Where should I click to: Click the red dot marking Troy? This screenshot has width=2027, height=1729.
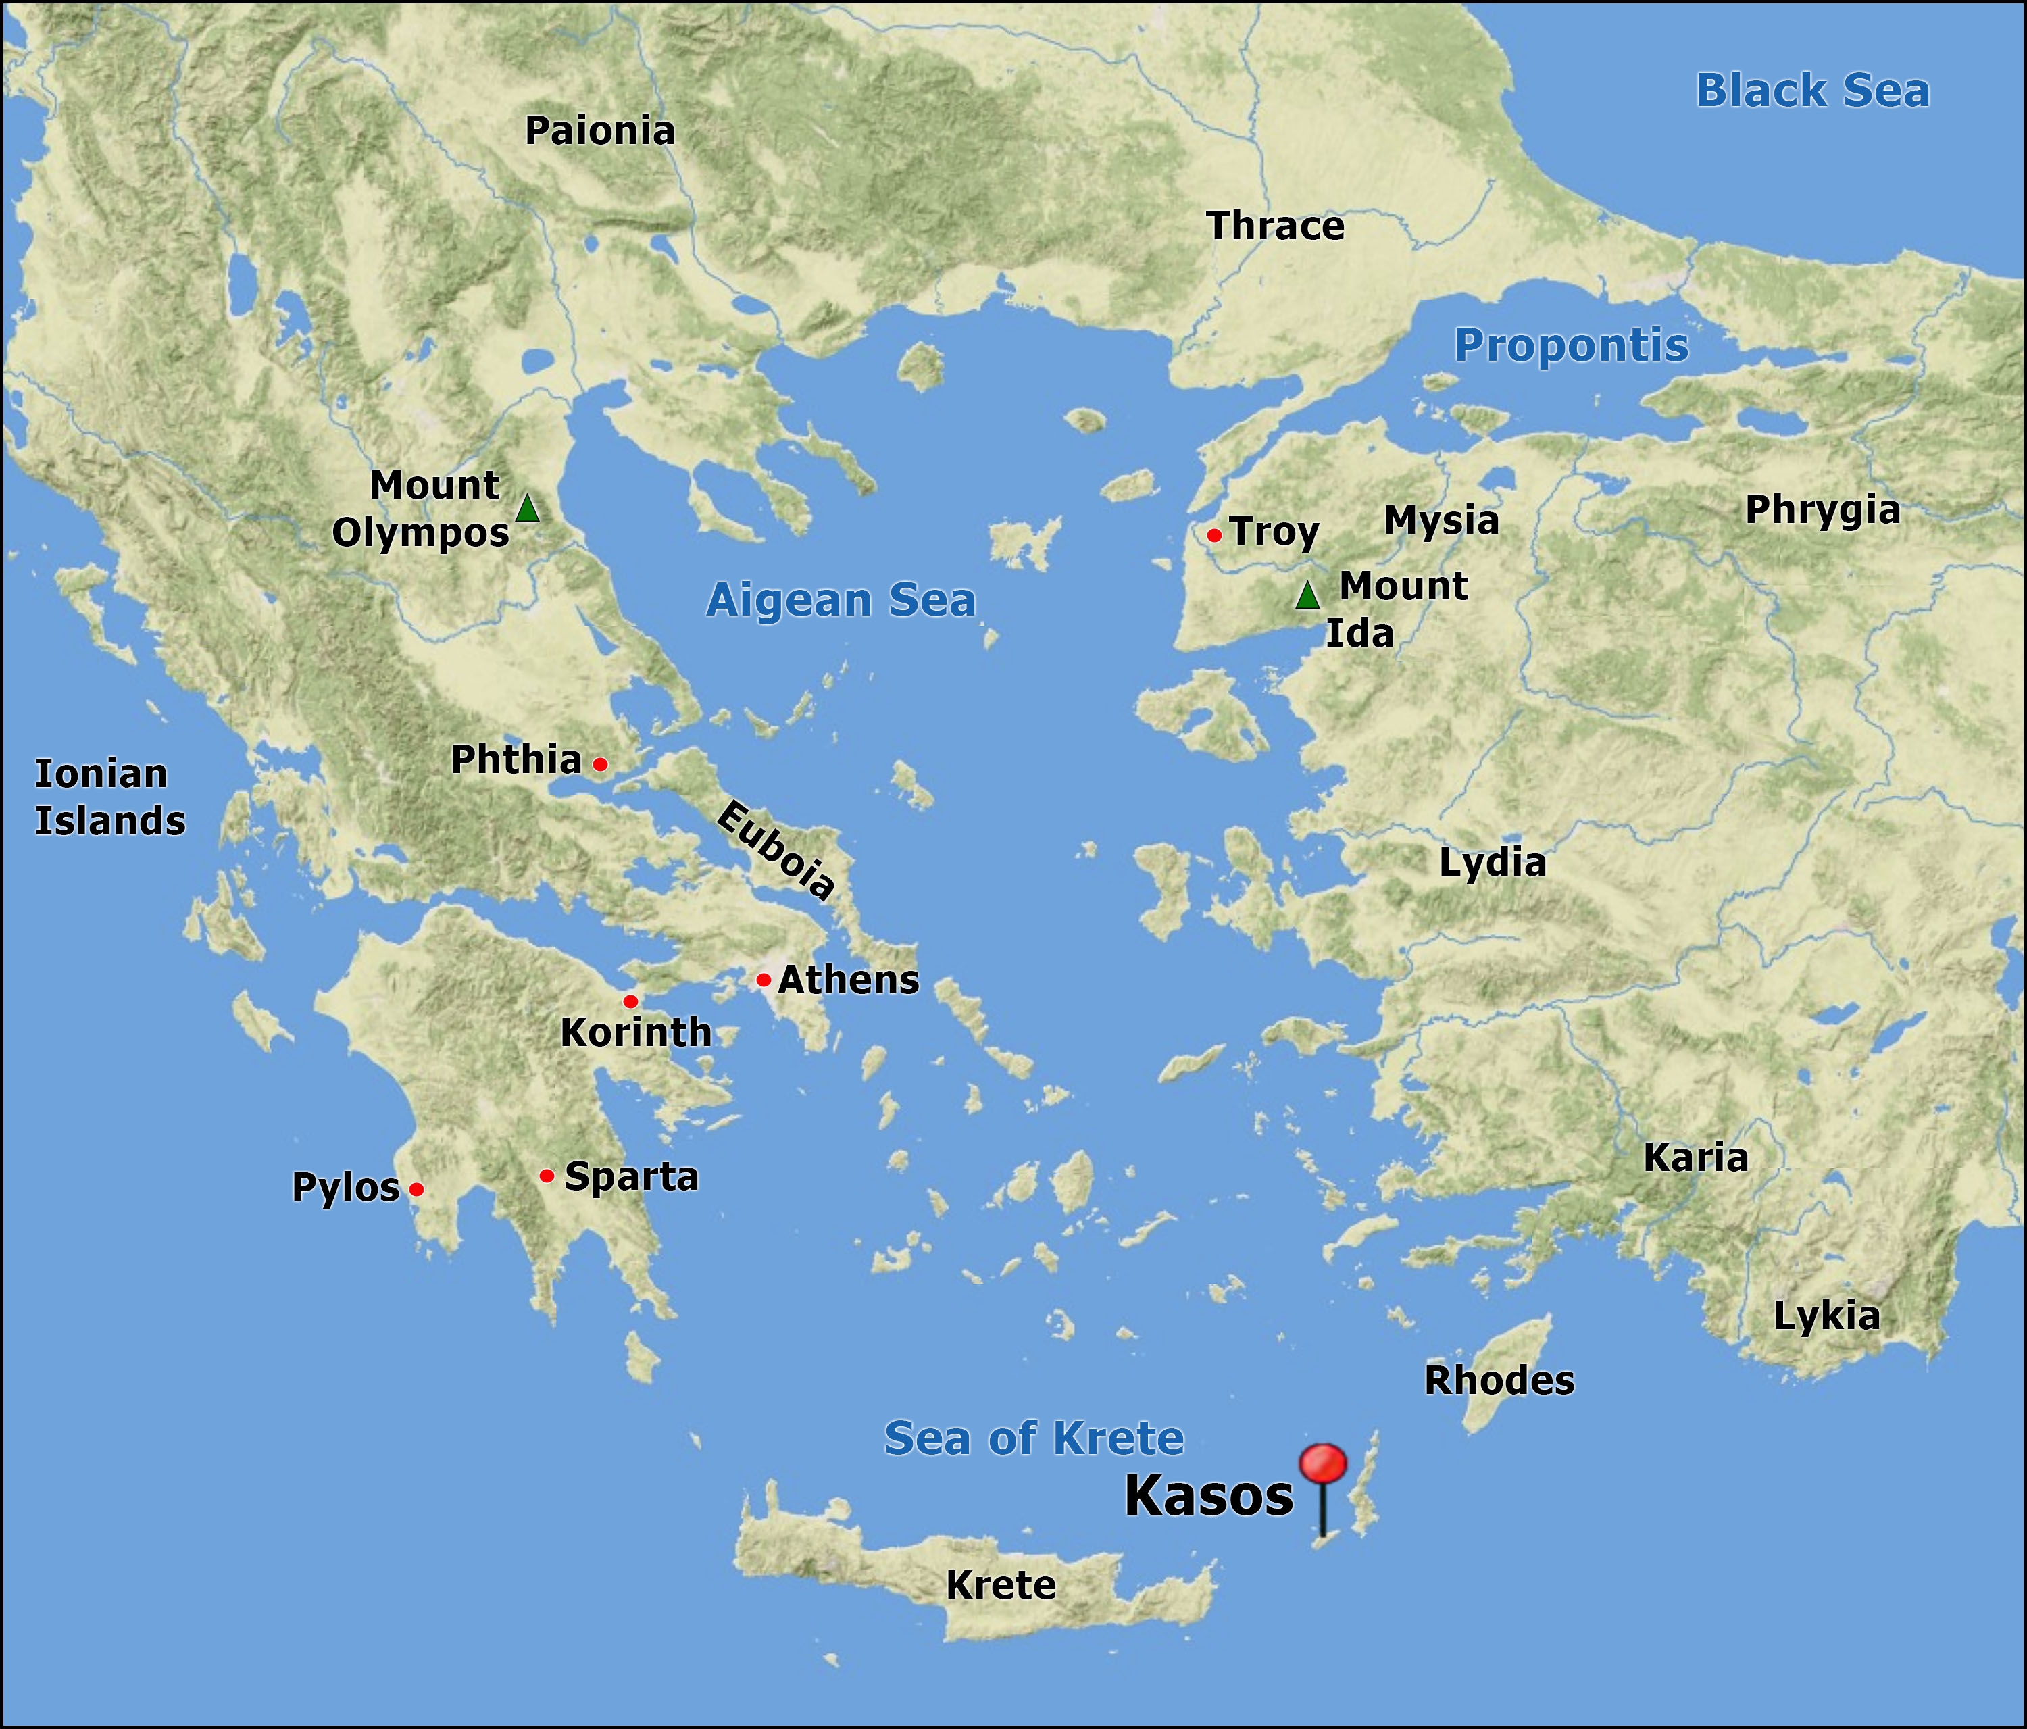(1214, 535)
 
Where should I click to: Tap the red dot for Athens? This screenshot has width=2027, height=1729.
(763, 980)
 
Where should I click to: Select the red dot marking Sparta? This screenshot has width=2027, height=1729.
(547, 1175)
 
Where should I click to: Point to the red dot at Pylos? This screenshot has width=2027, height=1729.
(417, 1189)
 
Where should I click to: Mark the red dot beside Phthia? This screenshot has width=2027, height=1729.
(601, 764)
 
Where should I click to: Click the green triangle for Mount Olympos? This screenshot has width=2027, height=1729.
(527, 509)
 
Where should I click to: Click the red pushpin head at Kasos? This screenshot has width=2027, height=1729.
(1323, 1464)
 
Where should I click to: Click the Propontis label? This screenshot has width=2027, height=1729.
(1571, 345)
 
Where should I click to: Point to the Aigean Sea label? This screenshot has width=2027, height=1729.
(841, 600)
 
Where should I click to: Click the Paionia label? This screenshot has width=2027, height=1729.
(600, 131)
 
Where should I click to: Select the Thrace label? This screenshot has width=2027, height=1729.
(1276, 226)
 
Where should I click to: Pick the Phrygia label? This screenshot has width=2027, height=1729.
(1822, 510)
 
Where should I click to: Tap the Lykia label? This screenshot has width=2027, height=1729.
(1826, 1316)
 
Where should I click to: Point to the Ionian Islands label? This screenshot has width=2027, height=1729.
(109, 797)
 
